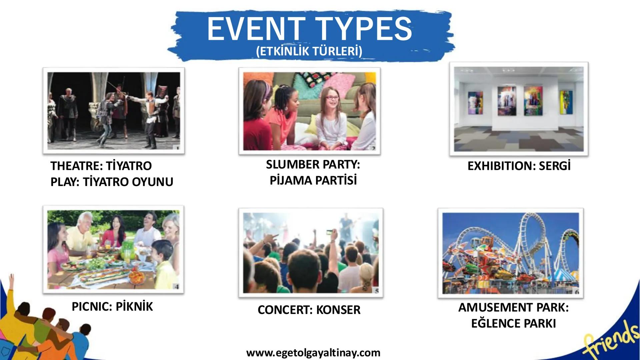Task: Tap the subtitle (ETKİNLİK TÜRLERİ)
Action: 309,52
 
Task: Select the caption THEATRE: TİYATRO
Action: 101,166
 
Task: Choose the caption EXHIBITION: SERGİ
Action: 519,166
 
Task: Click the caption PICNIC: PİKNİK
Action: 112,306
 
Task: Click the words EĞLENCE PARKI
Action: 514,324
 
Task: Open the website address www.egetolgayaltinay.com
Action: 313,353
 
